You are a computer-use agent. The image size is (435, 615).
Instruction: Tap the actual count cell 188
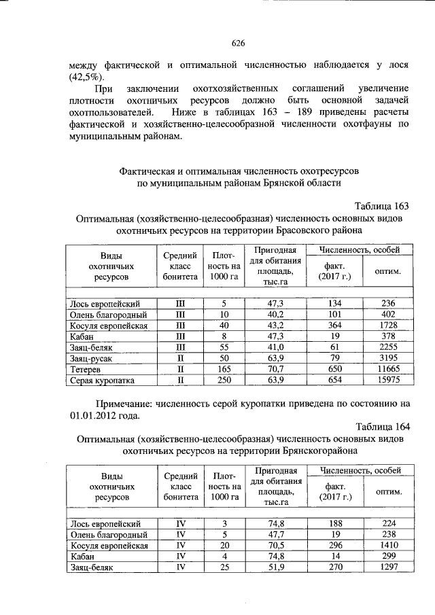(x=334, y=523)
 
